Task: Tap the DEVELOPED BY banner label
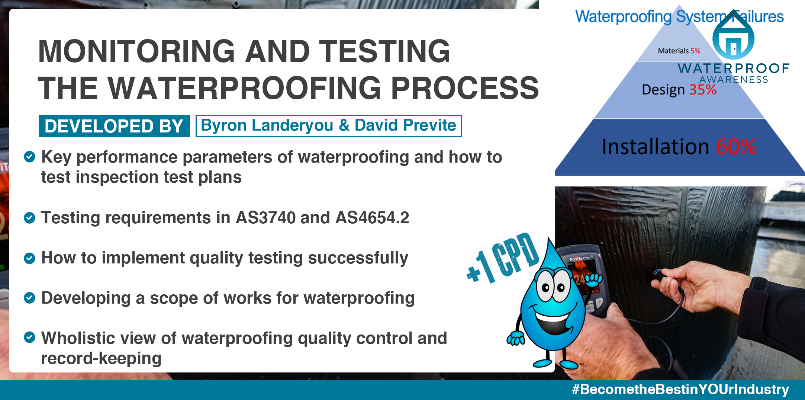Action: coord(114,126)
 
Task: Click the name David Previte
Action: coord(405,125)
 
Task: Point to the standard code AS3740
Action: coord(266,218)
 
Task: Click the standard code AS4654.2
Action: coord(372,218)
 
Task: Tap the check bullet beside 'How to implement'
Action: coord(29,258)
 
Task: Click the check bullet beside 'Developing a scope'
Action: coord(29,298)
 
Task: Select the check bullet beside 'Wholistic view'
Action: coord(29,337)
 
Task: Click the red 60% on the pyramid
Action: coord(736,147)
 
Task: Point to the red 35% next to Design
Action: coord(703,90)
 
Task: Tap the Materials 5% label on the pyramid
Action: coord(679,51)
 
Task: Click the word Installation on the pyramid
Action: coord(655,147)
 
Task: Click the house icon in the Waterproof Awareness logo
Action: coord(733,36)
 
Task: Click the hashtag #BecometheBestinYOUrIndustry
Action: coord(680,389)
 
